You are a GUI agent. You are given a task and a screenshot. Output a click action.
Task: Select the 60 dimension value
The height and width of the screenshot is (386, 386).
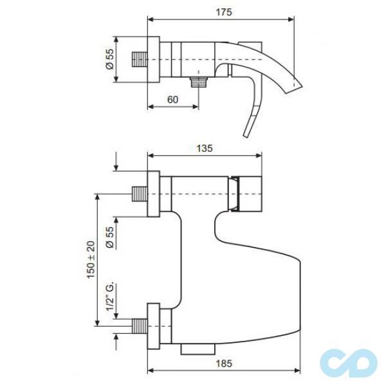173,99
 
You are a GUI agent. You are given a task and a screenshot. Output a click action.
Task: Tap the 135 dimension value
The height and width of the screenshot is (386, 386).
205,148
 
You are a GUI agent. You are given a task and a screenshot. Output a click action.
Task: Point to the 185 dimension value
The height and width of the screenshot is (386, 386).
223,363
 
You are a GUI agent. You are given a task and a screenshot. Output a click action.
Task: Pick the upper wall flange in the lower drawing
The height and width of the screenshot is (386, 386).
154,193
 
